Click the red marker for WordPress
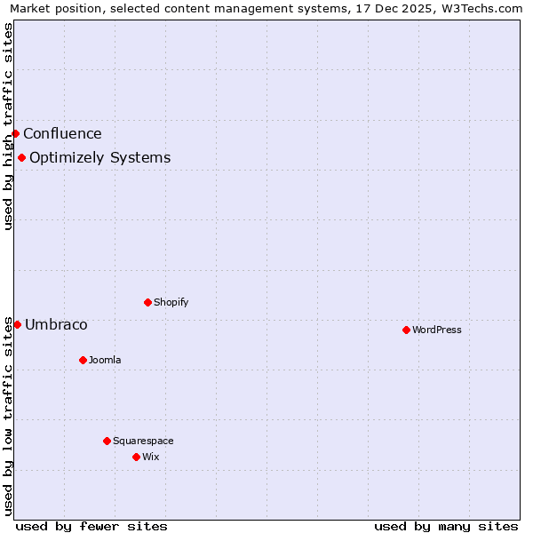click(406, 330)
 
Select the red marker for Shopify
click(147, 302)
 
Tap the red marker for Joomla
click(83, 360)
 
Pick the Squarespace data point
click(107, 441)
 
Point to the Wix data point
click(136, 457)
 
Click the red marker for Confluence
click(15, 133)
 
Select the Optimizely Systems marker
click(21, 157)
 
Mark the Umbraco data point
click(17, 324)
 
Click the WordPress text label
click(437, 330)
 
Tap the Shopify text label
click(171, 302)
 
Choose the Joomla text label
click(105, 360)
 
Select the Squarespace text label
click(143, 441)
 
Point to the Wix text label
click(151, 457)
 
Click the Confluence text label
click(62, 134)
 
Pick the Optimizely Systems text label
click(99, 158)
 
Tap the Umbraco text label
click(56, 325)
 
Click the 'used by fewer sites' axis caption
click(91, 526)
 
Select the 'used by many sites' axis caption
click(446, 526)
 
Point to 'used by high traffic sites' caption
click(8, 126)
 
